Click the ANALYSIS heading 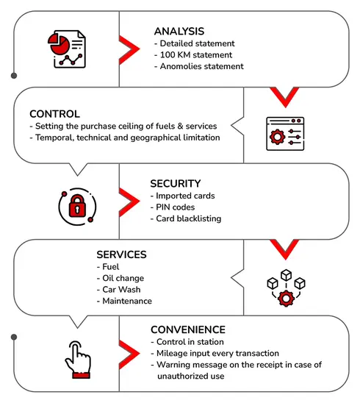click(179, 32)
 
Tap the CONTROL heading click(54, 114)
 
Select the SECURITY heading click(176, 184)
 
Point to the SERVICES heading click(121, 254)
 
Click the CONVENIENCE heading click(188, 329)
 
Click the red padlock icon click(77, 207)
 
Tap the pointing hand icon click(78, 360)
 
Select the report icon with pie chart click(67, 49)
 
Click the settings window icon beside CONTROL click(285, 134)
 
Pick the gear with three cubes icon click(286, 288)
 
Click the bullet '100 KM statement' click(193, 54)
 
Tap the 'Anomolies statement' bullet click(199, 66)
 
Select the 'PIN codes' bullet click(173, 207)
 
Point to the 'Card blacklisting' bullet click(186, 218)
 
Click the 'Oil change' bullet click(120, 278)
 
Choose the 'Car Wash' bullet click(118, 290)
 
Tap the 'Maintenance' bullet click(124, 301)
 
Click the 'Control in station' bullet click(187, 342)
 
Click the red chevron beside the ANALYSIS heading click(129, 49)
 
